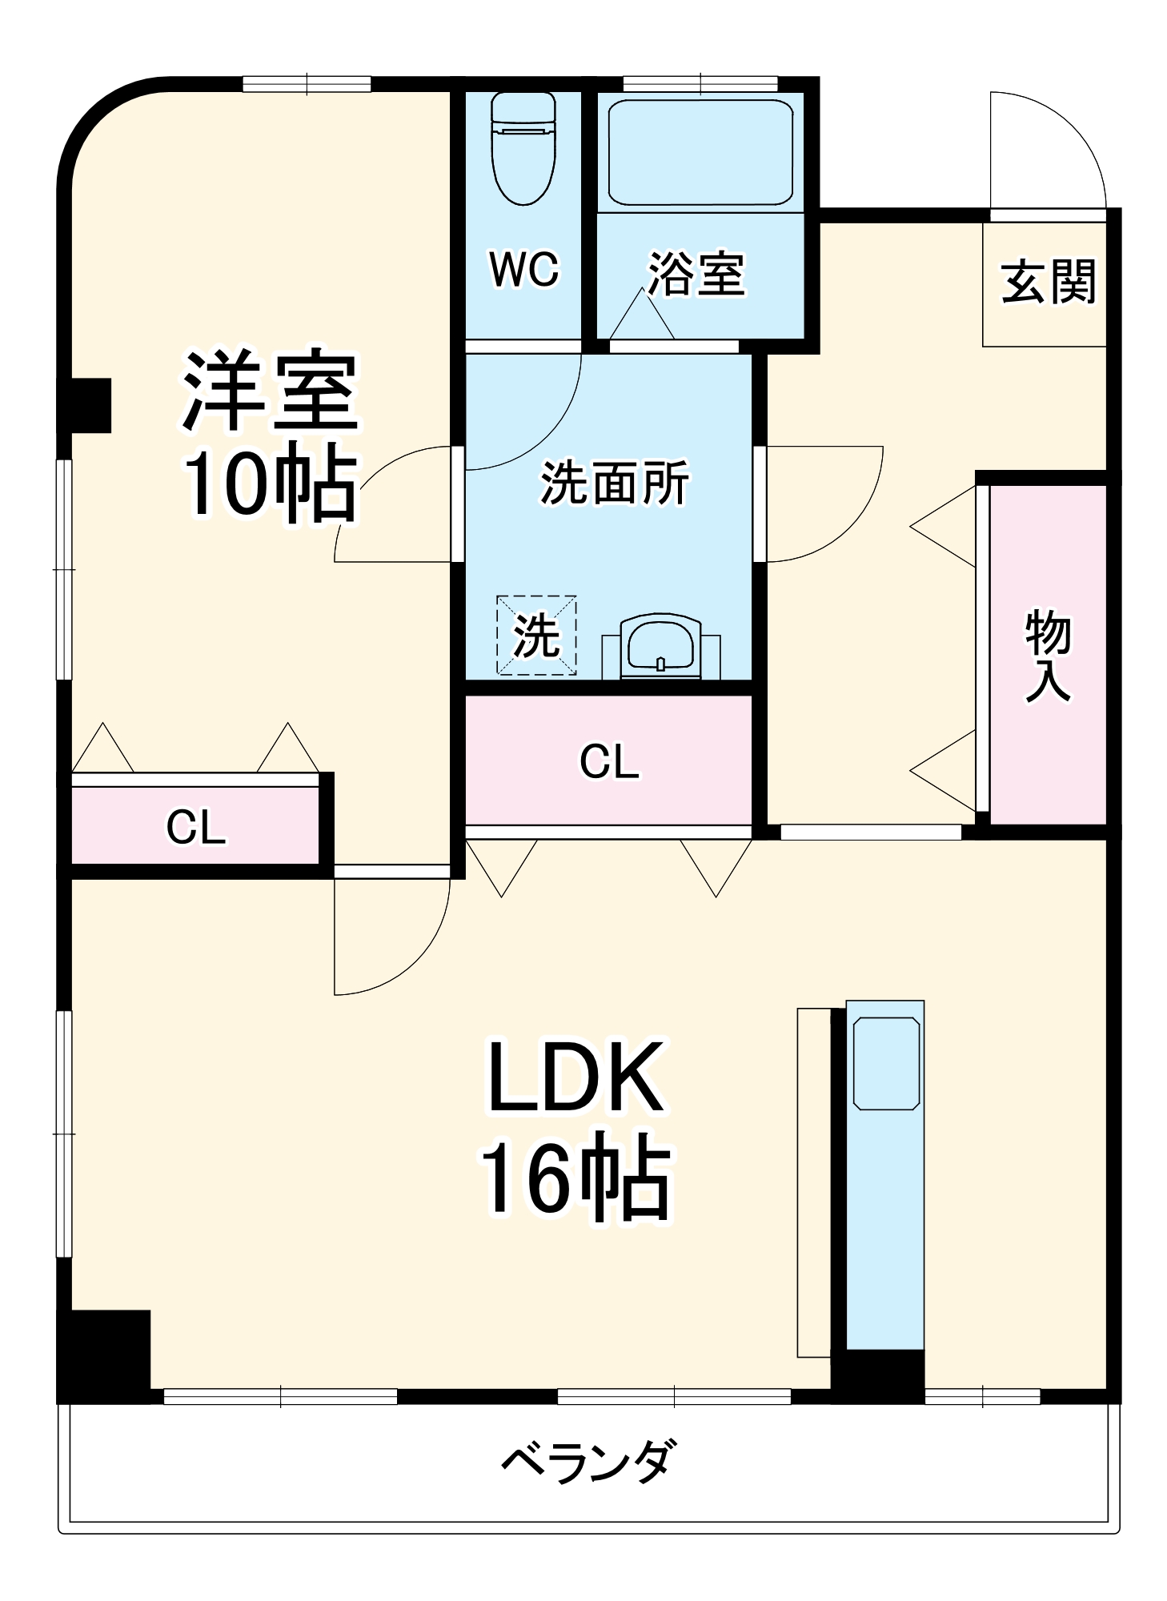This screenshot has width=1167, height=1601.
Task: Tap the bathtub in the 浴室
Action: coord(700,152)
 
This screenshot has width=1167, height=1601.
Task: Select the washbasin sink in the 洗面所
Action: coord(660,644)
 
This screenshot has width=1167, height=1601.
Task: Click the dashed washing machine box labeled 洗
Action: coord(535,635)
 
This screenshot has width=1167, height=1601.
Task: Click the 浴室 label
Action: coord(696,275)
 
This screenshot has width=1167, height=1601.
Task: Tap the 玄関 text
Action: coord(1048,282)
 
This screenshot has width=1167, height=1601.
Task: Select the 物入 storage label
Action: coord(1048,655)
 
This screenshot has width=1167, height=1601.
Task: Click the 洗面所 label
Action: coord(614,483)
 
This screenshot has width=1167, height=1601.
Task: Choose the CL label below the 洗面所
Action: coord(609,761)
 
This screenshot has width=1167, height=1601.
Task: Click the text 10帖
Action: coord(270,484)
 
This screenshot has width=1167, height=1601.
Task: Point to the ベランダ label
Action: coord(588,1461)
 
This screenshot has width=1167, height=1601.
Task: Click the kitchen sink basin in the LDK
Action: coord(885,1063)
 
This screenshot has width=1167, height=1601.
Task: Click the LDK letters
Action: coord(575,1077)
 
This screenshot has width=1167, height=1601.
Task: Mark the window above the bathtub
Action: coord(700,83)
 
